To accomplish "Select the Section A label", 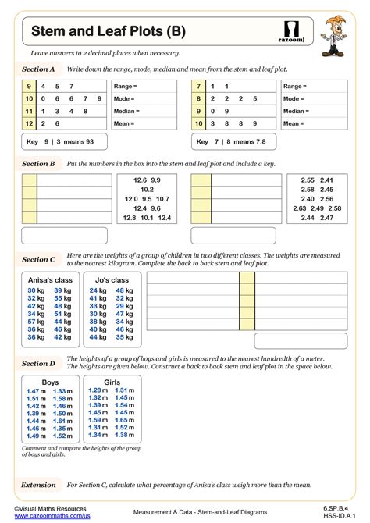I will [38, 69].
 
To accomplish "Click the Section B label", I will [38, 164].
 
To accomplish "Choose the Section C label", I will [38, 259].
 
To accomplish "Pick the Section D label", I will [38, 363].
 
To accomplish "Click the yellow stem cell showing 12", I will [29, 123].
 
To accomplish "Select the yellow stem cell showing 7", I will [199, 86].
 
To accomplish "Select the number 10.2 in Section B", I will [147, 189].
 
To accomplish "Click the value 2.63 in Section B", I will [299, 208].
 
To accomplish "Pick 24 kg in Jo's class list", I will [98, 290].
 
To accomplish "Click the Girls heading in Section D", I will [112, 382].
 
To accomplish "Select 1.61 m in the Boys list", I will [62, 420].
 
